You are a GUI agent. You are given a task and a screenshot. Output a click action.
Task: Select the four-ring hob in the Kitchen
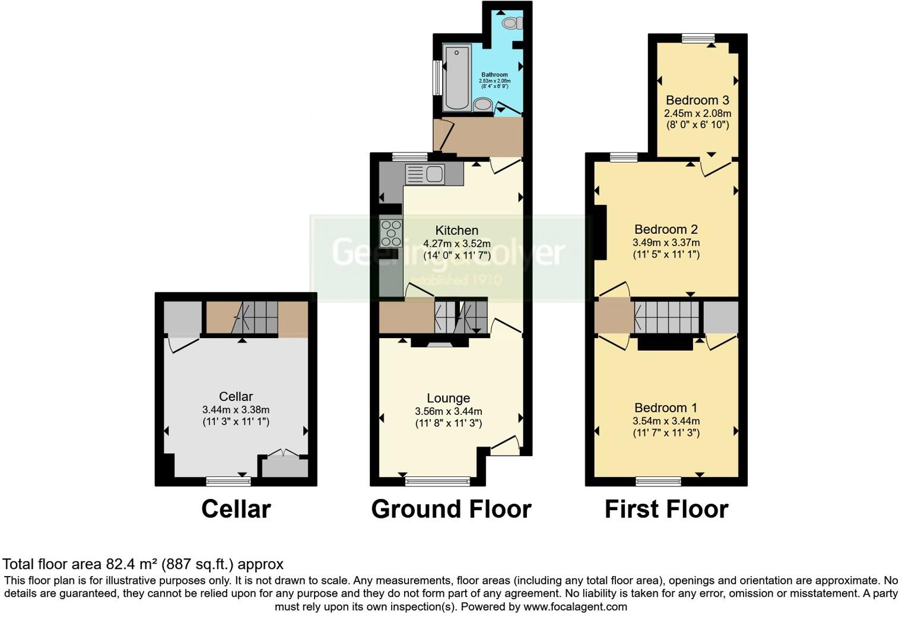[391, 233]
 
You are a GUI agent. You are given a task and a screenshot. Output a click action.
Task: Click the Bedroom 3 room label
[697, 100]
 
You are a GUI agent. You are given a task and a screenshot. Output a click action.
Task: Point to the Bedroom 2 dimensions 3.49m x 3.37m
[666, 242]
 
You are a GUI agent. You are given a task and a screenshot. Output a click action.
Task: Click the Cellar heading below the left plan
[236, 509]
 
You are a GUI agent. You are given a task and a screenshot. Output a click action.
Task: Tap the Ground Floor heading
[451, 509]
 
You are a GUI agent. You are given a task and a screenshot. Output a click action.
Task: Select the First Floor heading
[666, 509]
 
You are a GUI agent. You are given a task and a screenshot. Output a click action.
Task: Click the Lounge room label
[448, 398]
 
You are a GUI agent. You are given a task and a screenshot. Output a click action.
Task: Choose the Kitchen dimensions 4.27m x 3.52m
[456, 243]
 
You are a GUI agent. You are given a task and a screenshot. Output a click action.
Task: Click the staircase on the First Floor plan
[667, 317]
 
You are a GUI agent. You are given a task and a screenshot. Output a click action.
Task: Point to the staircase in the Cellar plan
[256, 317]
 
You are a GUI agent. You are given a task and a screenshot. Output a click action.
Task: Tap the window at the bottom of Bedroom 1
[658, 481]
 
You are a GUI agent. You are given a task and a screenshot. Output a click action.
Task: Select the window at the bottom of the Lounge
[437, 481]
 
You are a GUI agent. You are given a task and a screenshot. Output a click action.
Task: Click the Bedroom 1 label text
[666, 408]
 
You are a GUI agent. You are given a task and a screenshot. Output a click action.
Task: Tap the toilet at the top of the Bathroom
[511, 23]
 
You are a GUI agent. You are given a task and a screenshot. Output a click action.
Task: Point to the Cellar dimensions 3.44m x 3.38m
[236, 409]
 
